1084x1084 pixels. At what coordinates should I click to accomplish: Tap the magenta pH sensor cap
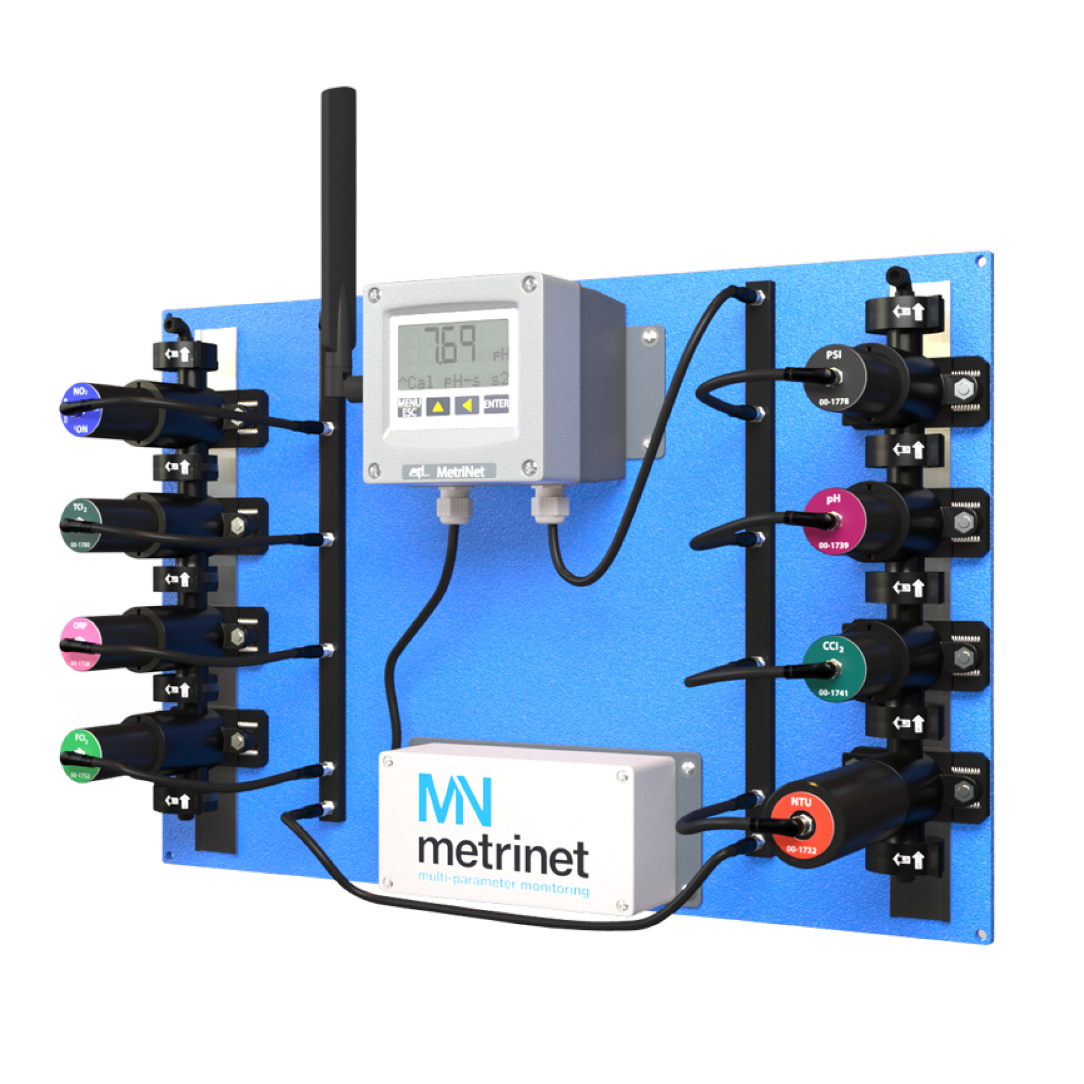pos(834,522)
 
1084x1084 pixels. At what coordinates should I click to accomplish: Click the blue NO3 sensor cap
pos(81,410)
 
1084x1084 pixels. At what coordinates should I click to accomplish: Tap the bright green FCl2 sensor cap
pos(79,756)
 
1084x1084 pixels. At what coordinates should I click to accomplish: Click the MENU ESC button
pos(409,407)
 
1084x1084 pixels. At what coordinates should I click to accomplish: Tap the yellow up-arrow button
pos(438,406)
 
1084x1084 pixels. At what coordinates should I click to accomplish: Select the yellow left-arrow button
pos(466,405)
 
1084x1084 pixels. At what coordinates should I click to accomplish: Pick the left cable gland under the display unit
pos(455,505)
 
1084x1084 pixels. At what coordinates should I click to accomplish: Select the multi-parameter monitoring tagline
pos(503,883)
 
